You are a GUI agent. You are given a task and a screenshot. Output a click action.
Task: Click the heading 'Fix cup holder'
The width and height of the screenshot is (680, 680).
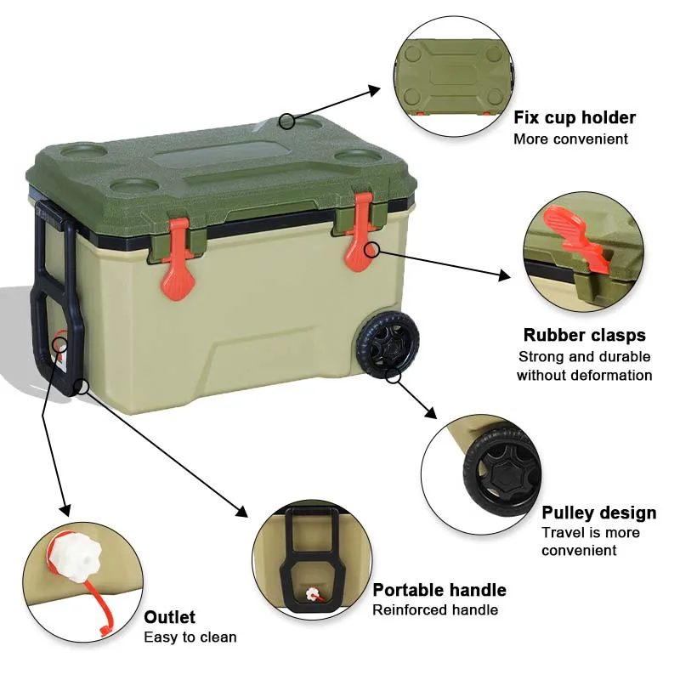[575, 117]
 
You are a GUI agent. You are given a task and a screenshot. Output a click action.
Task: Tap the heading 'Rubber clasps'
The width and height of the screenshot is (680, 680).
[584, 335]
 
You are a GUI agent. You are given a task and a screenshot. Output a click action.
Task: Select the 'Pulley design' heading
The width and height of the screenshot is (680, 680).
[598, 513]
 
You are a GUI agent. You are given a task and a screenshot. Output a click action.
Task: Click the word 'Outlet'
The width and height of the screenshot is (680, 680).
[169, 617]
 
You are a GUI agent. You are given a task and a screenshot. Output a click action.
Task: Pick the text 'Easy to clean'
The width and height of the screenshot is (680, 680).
[190, 637]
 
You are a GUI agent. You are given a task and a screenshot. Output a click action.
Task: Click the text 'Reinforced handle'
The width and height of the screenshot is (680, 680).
[434, 609]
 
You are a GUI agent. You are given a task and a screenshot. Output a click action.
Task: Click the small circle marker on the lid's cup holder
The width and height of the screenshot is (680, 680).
[287, 122]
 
